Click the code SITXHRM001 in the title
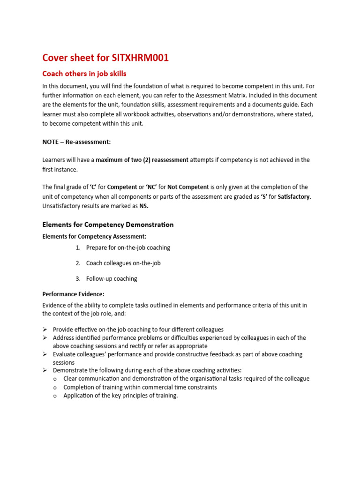tap(140, 58)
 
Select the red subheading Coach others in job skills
tap(84, 74)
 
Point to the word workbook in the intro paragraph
tap(137, 114)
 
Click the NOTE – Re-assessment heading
tap(76, 142)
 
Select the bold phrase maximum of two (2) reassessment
tap(142, 160)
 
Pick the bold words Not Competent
tap(187, 187)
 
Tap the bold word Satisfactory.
tap(294, 196)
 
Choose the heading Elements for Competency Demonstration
tap(108, 225)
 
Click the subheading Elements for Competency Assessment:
tap(94, 237)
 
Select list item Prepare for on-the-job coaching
tap(128, 247)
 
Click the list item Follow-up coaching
tap(112, 278)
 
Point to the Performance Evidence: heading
tap(73, 294)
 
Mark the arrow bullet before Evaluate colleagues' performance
tap(45, 354)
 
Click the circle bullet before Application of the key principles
tap(55, 396)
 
